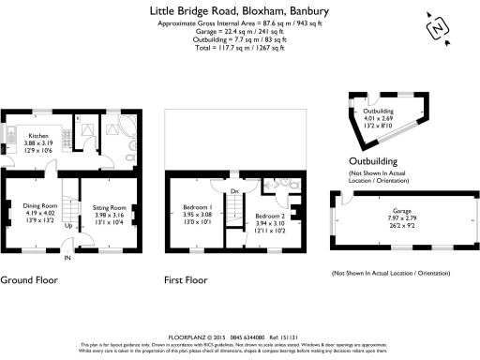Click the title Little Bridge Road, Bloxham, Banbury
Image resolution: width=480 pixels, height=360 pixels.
[240, 10]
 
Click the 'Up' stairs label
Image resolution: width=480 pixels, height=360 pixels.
[67, 226]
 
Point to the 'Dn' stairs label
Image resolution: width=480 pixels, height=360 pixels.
[234, 191]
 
